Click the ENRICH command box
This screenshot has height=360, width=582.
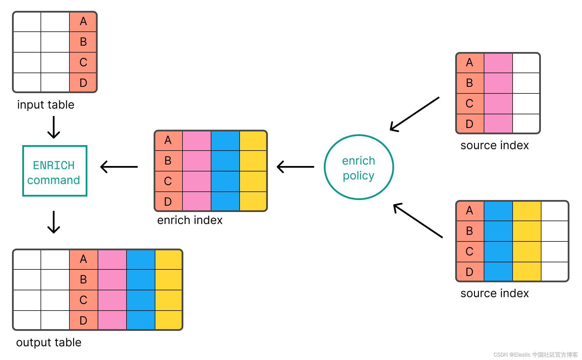(x=55, y=171)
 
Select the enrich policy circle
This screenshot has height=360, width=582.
(x=359, y=167)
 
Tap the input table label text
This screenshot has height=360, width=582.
(x=46, y=105)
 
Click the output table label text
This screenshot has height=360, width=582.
(x=49, y=342)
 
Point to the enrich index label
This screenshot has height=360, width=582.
(x=190, y=220)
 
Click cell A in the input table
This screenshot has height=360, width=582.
(x=83, y=21)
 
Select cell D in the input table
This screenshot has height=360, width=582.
(x=83, y=83)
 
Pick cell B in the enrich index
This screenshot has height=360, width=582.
(x=168, y=161)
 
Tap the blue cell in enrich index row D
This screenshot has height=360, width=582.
(x=225, y=201)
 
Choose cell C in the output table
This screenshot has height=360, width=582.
(x=83, y=300)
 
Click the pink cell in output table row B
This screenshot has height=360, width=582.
(x=112, y=279)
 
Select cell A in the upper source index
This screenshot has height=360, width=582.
(x=470, y=63)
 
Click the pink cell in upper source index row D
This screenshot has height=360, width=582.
(x=498, y=123)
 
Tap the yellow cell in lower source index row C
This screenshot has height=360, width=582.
(x=527, y=251)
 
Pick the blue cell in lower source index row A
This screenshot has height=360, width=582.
(x=498, y=211)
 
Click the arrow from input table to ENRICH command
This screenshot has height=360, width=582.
(x=54, y=127)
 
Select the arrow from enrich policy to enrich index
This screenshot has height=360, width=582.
(x=295, y=167)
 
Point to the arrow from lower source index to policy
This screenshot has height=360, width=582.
(x=418, y=220)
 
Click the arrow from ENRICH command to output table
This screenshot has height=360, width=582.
(x=54, y=222)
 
